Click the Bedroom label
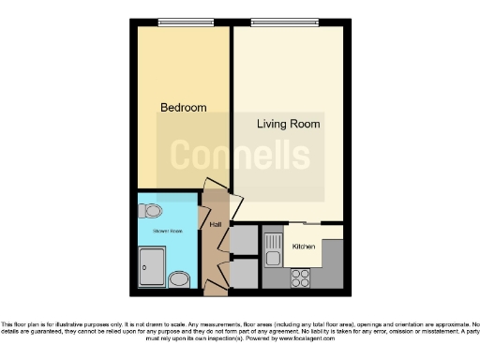coord(183,108)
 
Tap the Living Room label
coord(289,124)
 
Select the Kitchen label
coord(304,247)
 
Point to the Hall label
coord(215,225)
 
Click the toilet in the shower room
coord(150,211)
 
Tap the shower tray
coord(152,266)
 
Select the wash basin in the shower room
coord(180,278)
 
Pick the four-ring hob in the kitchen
coord(302,277)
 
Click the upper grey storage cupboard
coord(244,239)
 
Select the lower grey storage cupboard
coord(244,272)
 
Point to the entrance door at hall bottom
coord(218,280)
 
